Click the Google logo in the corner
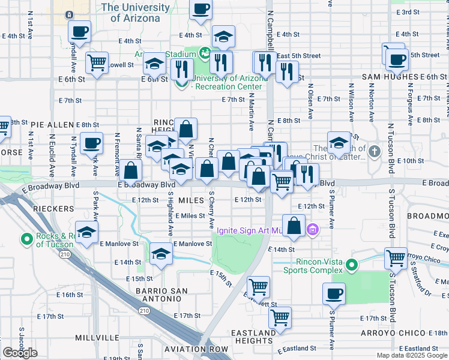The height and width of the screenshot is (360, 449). tap(20, 353)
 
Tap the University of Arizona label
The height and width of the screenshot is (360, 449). tap(136, 13)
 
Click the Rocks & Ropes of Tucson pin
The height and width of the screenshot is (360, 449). tap(27, 240)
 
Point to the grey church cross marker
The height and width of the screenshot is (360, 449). tap(375, 151)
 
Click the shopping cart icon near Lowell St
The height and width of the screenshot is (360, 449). tap(97, 62)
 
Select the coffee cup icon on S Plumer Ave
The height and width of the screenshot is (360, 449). tap(334, 294)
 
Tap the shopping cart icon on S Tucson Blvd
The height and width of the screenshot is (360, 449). tap(396, 259)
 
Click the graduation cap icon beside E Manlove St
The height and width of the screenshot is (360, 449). tap(86, 233)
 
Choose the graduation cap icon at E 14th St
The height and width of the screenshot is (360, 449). tap(160, 254)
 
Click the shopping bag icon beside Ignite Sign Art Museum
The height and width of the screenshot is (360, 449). tap(294, 226)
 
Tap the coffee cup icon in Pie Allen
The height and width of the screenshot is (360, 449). tap(92, 144)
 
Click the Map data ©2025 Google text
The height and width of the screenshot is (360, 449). tap(411, 355)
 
